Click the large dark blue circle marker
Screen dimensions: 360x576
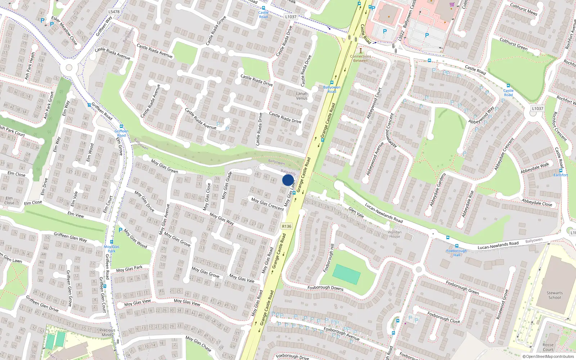pyautogui.click(x=288, y=180)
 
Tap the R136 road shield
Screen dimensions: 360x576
pyautogui.click(x=287, y=226)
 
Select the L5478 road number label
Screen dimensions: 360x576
pyautogui.click(x=114, y=12)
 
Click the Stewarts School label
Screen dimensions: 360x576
pyautogui.click(x=554, y=295)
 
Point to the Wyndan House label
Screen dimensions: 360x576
pyautogui.click(x=395, y=234)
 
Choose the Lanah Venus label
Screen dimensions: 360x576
pyautogui.click(x=302, y=96)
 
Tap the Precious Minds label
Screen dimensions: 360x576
pyautogui.click(x=107, y=332)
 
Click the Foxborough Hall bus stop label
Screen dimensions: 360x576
pyautogui.click(x=456, y=253)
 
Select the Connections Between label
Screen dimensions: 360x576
pyautogui.click(x=360, y=58)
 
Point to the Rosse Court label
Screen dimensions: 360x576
pyautogui.click(x=548, y=347)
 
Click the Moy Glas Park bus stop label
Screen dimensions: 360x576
pyautogui.click(x=112, y=249)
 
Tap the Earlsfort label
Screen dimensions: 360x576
pyautogui.click(x=561, y=175)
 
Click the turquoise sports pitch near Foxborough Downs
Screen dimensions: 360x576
pyautogui.click(x=346, y=274)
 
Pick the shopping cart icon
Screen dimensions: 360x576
pyautogui.click(x=452, y=4)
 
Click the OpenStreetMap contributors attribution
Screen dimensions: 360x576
pyautogui.click(x=548, y=356)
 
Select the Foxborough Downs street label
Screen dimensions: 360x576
pyautogui.click(x=325, y=288)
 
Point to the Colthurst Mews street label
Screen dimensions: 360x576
pyautogui.click(x=523, y=9)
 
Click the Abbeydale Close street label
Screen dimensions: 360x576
pyautogui.click(x=537, y=202)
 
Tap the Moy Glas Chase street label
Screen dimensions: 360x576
pyautogui.click(x=198, y=343)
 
